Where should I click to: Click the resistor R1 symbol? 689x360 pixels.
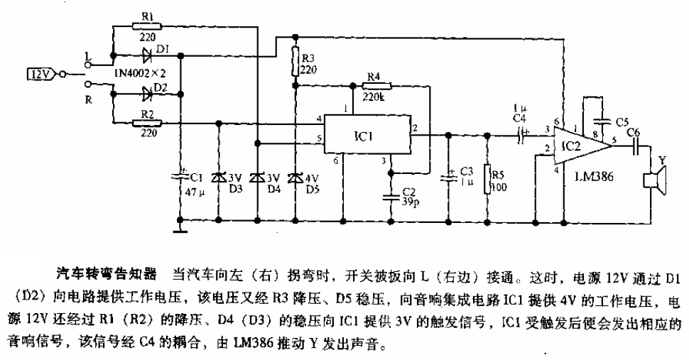(147, 26)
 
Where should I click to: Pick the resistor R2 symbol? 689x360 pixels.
(147, 124)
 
